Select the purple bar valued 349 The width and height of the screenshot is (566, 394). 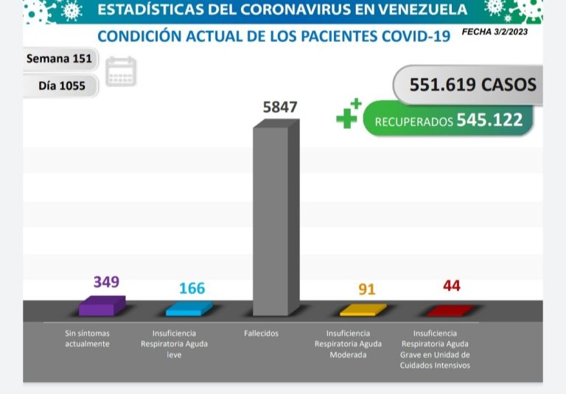click(101, 306)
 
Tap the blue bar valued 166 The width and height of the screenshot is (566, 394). click(189, 309)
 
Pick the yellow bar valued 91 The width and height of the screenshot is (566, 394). click(362, 309)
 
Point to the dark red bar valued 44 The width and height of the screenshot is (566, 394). click(450, 310)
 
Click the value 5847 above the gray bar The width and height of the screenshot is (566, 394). click(279, 107)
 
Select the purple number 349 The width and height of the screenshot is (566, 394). click(106, 281)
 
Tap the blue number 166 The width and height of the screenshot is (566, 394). click(192, 288)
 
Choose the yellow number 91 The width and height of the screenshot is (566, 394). click(366, 289)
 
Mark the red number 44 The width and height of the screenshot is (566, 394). click(451, 286)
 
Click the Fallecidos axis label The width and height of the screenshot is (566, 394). click(261, 334)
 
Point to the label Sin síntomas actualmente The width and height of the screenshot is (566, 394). click(87, 339)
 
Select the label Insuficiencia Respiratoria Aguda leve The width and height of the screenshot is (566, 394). click(174, 344)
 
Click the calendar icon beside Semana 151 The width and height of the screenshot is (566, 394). click(120, 71)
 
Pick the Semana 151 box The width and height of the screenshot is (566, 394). click(58, 59)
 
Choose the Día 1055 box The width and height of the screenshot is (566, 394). click(61, 86)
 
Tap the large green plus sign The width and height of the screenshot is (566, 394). click(346, 116)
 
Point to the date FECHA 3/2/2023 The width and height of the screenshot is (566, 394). click(494, 32)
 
